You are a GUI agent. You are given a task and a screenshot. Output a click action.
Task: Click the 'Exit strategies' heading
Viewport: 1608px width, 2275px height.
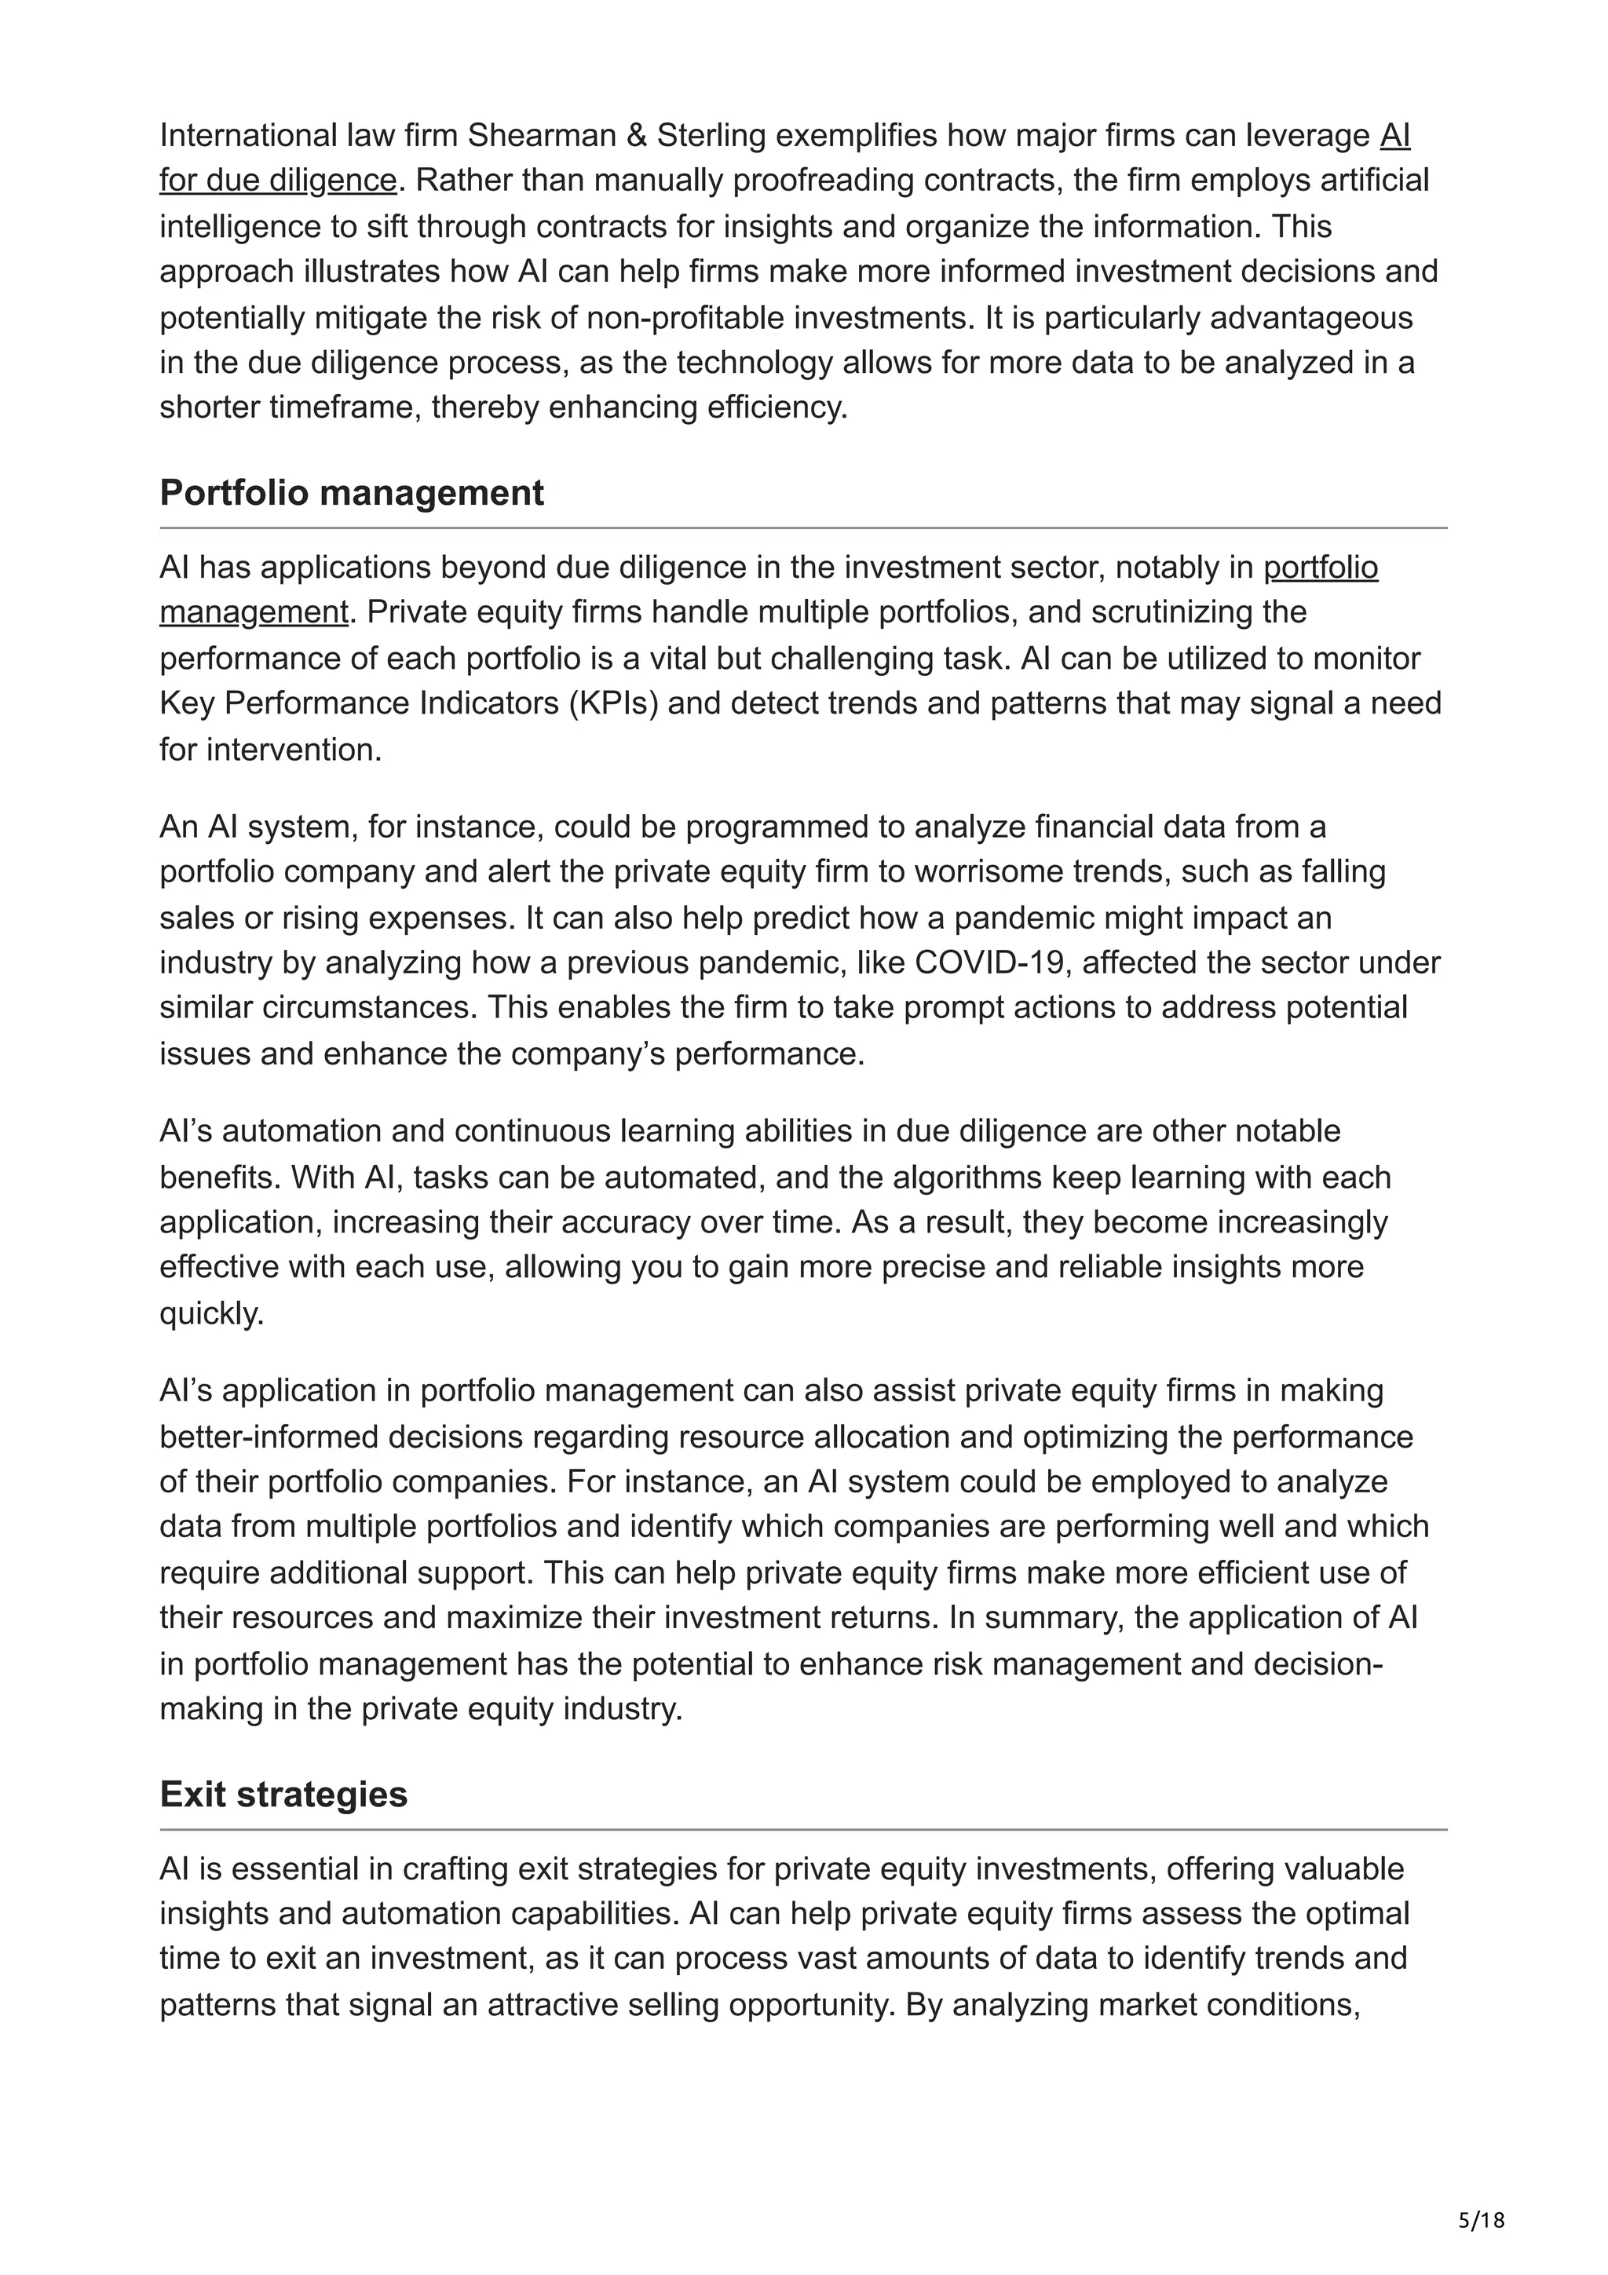tap(283, 1795)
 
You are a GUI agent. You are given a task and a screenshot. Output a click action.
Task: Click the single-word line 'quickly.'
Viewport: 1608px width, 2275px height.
tap(212, 1314)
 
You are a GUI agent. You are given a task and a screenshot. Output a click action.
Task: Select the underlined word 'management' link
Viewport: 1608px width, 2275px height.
tap(254, 612)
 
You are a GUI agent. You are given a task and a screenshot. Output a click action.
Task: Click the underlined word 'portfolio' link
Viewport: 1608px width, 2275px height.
tap(1320, 567)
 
